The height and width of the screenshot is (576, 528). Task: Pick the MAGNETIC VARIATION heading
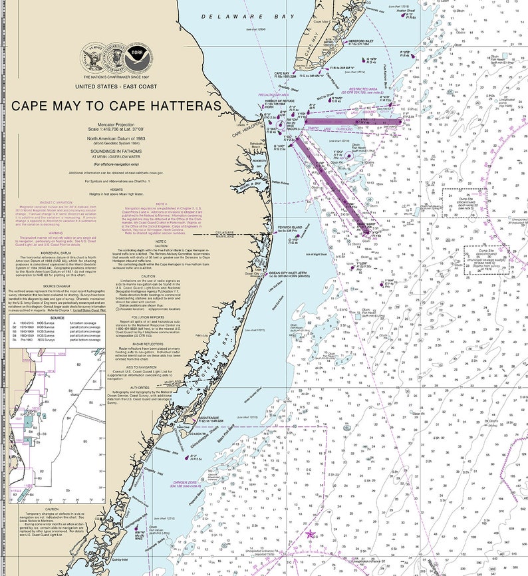[37, 202]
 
